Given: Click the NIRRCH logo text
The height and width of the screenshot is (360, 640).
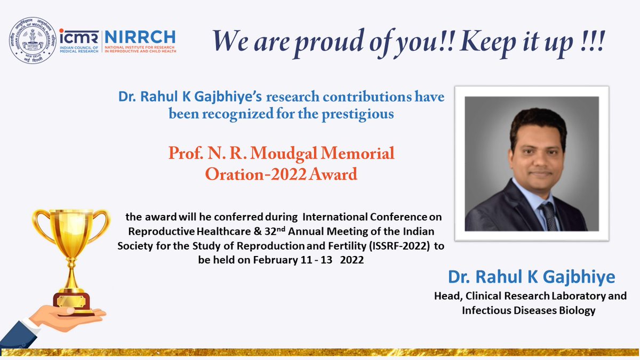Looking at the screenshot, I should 140,37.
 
